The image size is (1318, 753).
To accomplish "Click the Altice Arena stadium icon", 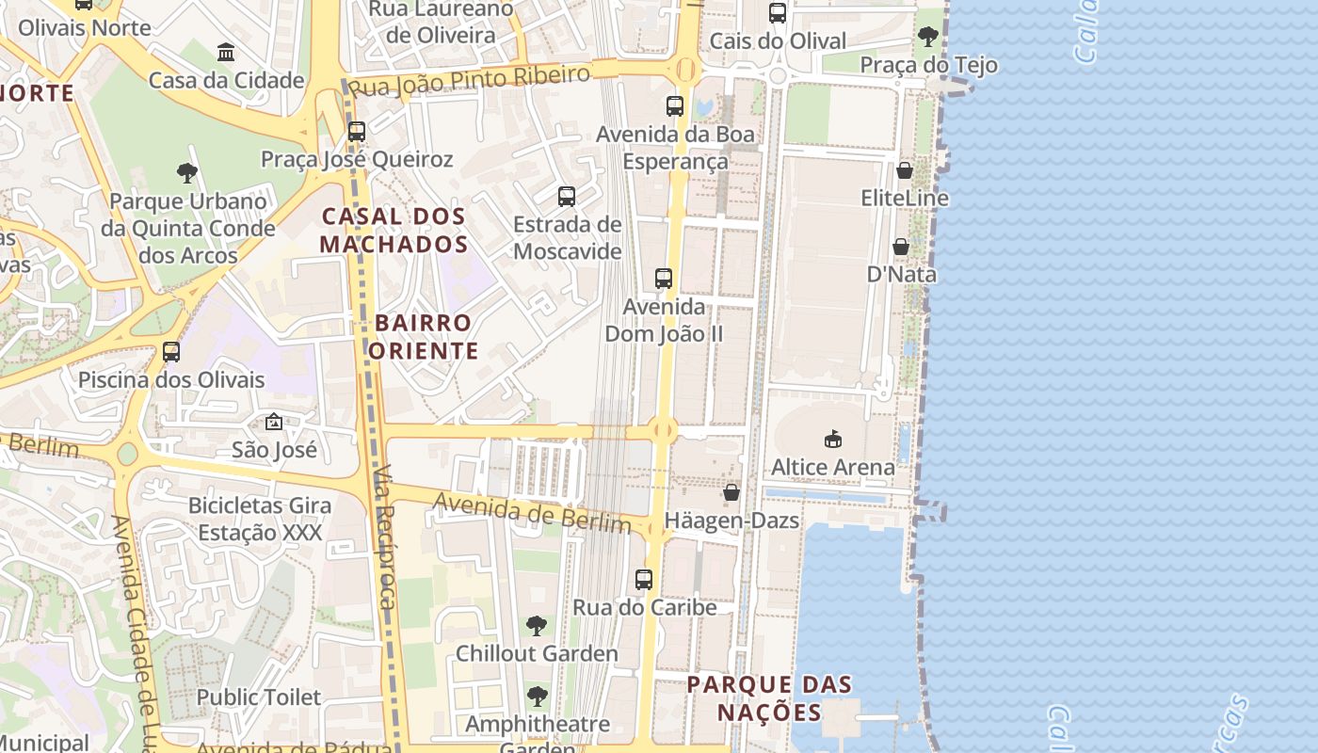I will [x=832, y=439].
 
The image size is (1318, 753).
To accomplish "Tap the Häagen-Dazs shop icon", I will [x=731, y=492].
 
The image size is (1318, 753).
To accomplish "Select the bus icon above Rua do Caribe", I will [x=644, y=580].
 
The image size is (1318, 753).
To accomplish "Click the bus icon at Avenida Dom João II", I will [x=664, y=279].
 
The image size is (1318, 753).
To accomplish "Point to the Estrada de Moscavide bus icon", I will [x=567, y=197].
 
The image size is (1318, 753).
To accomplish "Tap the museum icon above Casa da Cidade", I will [x=226, y=52].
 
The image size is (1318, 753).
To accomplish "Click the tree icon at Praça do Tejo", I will [x=927, y=38].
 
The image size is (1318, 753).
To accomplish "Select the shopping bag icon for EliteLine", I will [x=905, y=170].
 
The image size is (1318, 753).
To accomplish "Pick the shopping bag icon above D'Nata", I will [x=901, y=247].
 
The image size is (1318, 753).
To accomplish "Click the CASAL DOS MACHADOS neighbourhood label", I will [x=394, y=231].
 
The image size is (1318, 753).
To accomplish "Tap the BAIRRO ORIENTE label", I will [x=423, y=337].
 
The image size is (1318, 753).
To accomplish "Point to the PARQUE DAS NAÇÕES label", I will [x=769, y=697].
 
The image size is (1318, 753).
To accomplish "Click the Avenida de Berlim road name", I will [x=532, y=513].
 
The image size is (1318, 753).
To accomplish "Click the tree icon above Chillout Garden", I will [x=537, y=625].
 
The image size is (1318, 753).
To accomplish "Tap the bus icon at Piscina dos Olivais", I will [x=171, y=352].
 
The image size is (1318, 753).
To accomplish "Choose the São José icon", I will [x=274, y=422].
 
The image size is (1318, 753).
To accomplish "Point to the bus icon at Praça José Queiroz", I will [x=357, y=132].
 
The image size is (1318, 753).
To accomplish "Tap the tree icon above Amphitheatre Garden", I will [x=538, y=697].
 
